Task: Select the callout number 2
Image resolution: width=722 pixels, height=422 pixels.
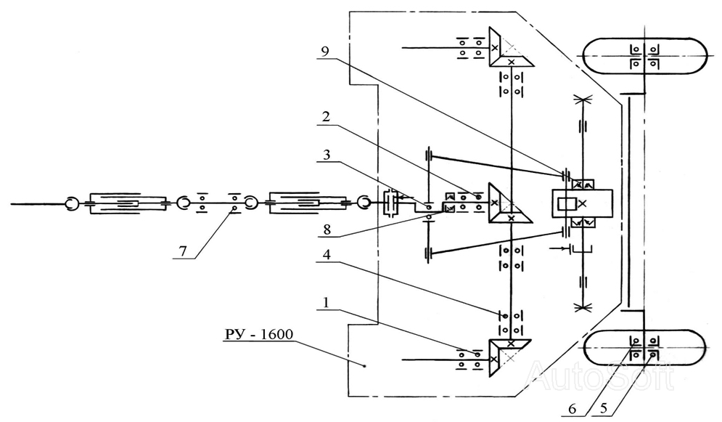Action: point(326,117)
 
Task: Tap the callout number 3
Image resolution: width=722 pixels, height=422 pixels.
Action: point(327,155)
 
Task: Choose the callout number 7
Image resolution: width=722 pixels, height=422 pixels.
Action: point(183,251)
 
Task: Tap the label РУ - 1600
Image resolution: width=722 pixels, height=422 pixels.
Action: point(259,334)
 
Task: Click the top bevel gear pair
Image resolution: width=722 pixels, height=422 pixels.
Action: point(510,47)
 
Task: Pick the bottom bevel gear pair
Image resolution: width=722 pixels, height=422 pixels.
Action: point(509,357)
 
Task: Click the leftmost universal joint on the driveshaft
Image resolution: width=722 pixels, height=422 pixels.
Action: point(71,203)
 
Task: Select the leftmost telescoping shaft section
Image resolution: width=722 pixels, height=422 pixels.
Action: point(127,203)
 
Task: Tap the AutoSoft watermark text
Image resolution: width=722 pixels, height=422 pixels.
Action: point(600,376)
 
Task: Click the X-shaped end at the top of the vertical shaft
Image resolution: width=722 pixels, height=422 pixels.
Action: point(583,99)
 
